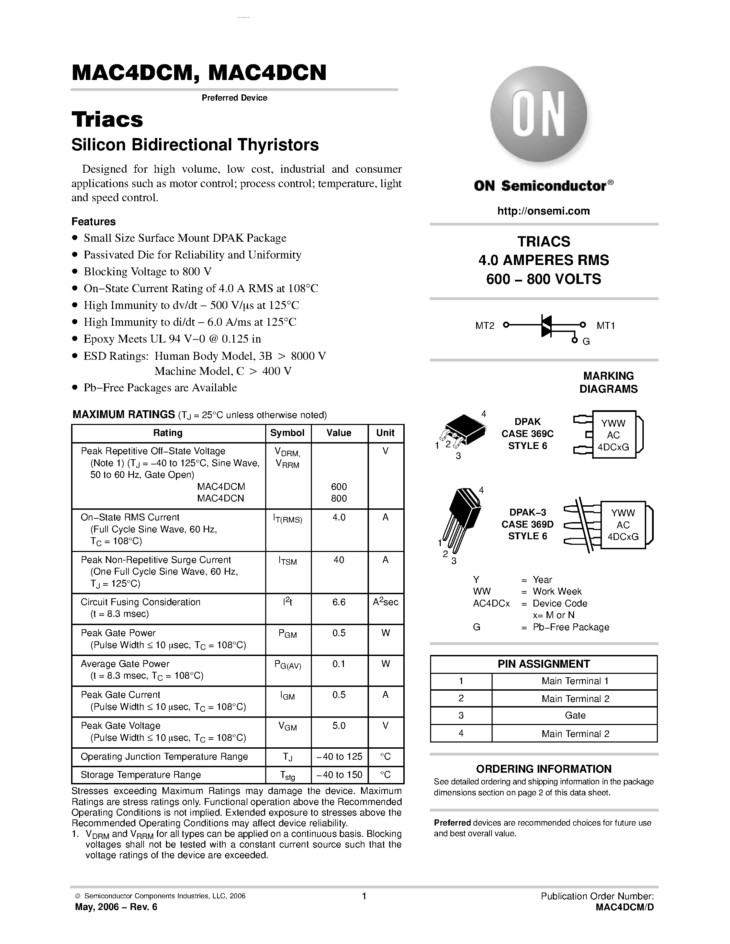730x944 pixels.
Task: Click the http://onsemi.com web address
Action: click(x=543, y=211)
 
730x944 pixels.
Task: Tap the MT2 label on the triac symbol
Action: click(x=484, y=326)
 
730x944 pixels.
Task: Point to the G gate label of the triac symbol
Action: click(x=586, y=342)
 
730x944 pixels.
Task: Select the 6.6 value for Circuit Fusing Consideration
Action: click(x=339, y=602)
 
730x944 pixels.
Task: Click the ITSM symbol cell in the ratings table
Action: click(x=288, y=561)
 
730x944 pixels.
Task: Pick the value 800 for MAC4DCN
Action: click(x=339, y=498)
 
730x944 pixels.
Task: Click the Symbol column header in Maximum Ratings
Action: click(x=287, y=433)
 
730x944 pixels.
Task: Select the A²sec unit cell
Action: click(x=385, y=602)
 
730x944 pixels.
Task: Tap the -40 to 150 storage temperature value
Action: click(x=339, y=774)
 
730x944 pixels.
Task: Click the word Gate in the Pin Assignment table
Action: click(x=575, y=715)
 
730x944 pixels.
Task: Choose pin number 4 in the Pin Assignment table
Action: click(x=461, y=734)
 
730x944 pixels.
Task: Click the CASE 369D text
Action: click(x=527, y=524)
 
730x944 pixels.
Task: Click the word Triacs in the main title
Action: click(x=107, y=120)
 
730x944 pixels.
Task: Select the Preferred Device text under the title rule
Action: click(x=234, y=98)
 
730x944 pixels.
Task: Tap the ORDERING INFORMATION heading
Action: click(x=543, y=769)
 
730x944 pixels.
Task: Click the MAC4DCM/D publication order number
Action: click(x=624, y=907)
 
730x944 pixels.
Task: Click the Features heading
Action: click(x=93, y=222)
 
